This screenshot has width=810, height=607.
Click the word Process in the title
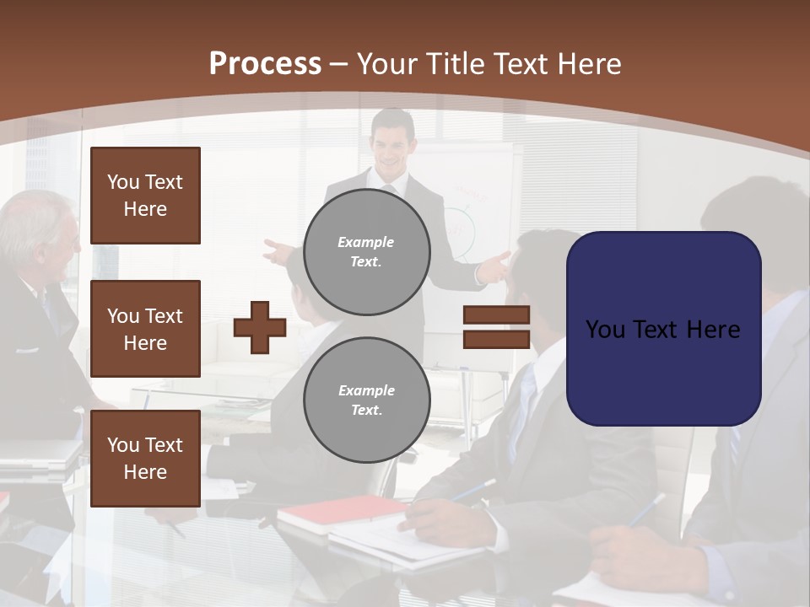(265, 64)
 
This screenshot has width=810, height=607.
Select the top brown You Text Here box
(145, 196)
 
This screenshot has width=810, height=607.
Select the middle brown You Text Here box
(145, 329)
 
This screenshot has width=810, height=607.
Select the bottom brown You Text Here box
(145, 458)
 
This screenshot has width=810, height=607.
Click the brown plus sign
(260, 327)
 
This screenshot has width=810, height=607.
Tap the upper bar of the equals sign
(496, 315)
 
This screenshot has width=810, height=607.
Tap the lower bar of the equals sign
(496, 339)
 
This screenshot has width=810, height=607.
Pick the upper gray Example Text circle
(367, 252)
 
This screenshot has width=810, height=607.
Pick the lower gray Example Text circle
(367, 400)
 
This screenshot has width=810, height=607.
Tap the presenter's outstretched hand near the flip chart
(498, 266)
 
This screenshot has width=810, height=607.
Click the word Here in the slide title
(588, 64)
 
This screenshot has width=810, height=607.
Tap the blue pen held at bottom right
(645, 511)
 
